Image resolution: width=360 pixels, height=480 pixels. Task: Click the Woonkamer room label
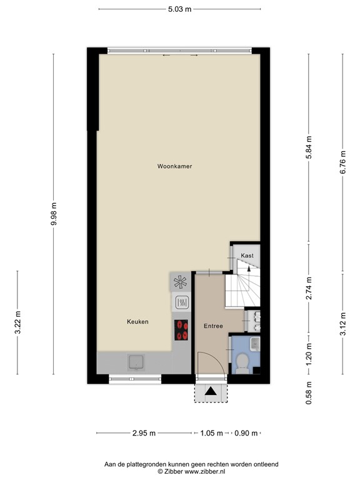click(x=174, y=166)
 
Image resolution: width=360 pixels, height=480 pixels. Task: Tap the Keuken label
click(x=137, y=322)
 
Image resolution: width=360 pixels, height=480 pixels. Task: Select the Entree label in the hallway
click(x=213, y=326)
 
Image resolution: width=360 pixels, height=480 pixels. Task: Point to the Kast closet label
click(x=247, y=255)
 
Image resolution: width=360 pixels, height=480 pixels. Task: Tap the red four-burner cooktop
click(x=182, y=329)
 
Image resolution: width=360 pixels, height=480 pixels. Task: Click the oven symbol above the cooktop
click(x=181, y=302)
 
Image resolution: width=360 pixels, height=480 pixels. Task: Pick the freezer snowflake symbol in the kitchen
click(x=181, y=282)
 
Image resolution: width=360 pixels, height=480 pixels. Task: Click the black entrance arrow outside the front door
click(x=212, y=392)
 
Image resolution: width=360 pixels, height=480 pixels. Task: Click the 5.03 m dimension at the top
click(x=179, y=9)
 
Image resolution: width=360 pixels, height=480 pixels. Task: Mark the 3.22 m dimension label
click(x=17, y=322)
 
